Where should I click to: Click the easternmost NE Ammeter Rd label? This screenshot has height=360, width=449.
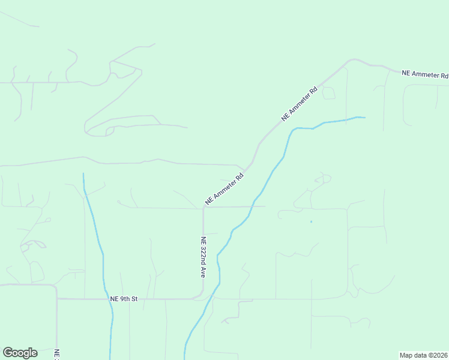[x=425, y=74]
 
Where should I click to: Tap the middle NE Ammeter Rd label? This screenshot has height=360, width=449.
[x=299, y=106]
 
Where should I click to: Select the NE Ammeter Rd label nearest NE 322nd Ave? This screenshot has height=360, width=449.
[x=224, y=189]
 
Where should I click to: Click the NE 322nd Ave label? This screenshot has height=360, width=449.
[x=203, y=256]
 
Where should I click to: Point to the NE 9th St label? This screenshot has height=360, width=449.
[x=124, y=298]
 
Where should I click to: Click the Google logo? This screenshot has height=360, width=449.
[x=20, y=353]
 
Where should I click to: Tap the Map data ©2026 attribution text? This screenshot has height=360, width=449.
[x=424, y=355]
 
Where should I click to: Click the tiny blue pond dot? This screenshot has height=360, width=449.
[x=311, y=222]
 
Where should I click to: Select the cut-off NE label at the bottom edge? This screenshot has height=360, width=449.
[x=56, y=355]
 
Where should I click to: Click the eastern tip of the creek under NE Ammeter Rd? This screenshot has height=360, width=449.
[x=364, y=117]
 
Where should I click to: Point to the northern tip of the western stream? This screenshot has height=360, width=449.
[x=83, y=173]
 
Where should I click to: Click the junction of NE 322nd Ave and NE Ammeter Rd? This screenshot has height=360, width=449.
[x=203, y=208]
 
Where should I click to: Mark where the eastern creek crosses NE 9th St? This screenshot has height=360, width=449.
[x=210, y=298]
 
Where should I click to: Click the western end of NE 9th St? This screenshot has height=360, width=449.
[x=57, y=298]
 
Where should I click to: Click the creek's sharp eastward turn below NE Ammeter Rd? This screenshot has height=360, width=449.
[x=294, y=130]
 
